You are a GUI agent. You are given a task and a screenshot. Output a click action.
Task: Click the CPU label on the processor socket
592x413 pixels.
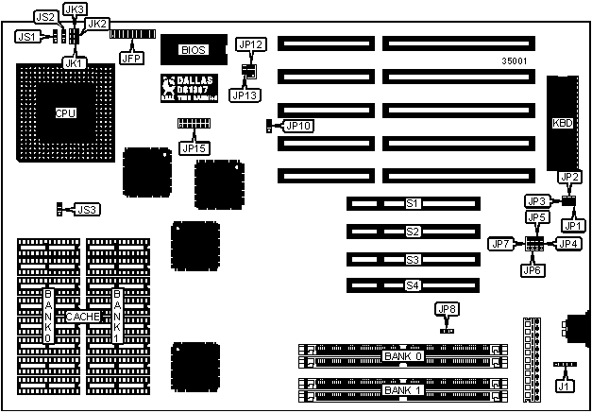point(65,113)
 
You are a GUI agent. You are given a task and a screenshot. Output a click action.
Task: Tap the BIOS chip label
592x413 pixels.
point(193,48)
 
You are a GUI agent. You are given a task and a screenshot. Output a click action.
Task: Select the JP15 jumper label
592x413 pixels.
point(194,146)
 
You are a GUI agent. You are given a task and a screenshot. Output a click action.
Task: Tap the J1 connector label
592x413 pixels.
point(565,385)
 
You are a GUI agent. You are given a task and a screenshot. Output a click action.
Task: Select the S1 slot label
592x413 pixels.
point(412,203)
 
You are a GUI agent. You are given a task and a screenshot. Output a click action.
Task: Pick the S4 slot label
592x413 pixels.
point(412,284)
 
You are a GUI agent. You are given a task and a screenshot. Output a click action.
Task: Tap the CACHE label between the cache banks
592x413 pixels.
point(82,317)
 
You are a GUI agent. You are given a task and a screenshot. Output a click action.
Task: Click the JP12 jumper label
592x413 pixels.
point(251,43)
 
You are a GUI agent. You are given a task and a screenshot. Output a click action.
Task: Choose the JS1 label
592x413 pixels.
point(26,36)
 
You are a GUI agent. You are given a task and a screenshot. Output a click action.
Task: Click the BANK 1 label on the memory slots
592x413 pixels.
point(404,390)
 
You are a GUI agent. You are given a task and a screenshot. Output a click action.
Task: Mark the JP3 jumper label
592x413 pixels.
point(536,201)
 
